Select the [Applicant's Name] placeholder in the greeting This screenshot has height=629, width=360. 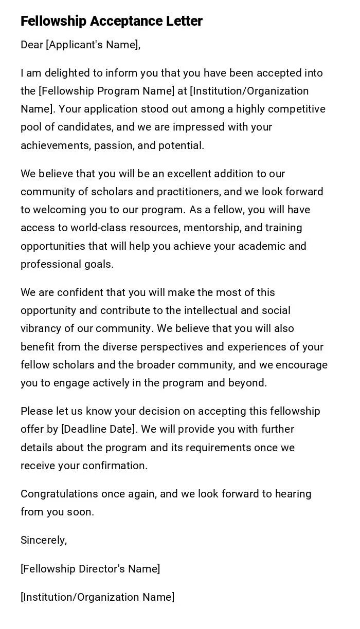click(93, 45)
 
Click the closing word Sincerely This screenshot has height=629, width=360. click(44, 540)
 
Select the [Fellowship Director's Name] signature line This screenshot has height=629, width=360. click(91, 569)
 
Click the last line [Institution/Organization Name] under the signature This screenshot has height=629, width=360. click(98, 597)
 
